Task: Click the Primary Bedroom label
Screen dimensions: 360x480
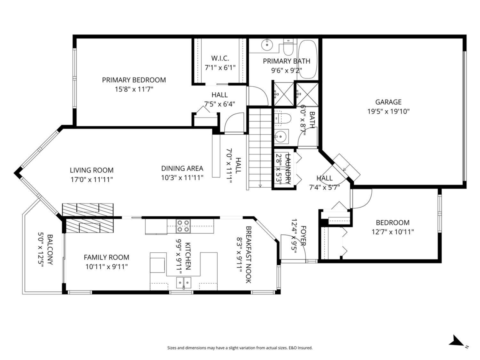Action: coord(134,80)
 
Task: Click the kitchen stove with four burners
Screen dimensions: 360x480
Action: coord(184,226)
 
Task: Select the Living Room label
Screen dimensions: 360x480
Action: coord(92,170)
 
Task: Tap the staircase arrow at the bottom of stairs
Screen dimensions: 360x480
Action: coord(260,185)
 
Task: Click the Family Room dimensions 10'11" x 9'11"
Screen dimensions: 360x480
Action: coord(106,266)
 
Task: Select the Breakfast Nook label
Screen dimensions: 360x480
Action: coord(248,255)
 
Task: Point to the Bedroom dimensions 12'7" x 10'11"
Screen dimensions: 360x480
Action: coord(392,232)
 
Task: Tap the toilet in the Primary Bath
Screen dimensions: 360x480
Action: coord(288,47)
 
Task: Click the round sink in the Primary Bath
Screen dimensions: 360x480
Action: coord(266,45)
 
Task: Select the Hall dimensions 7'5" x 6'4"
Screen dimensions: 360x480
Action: coord(220,104)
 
